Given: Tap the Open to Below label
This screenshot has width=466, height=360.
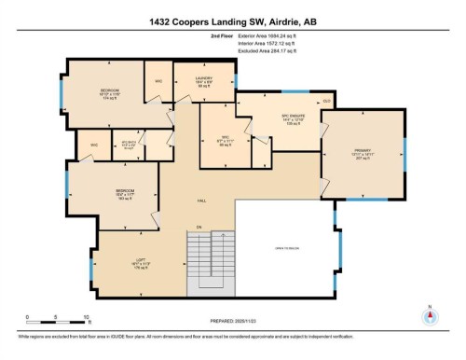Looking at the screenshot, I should [285, 249].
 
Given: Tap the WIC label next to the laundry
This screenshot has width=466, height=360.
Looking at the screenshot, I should [158, 79].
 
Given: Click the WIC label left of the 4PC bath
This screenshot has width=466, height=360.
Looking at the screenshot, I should [94, 145].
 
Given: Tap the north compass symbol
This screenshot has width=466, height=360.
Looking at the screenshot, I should [430, 316].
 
